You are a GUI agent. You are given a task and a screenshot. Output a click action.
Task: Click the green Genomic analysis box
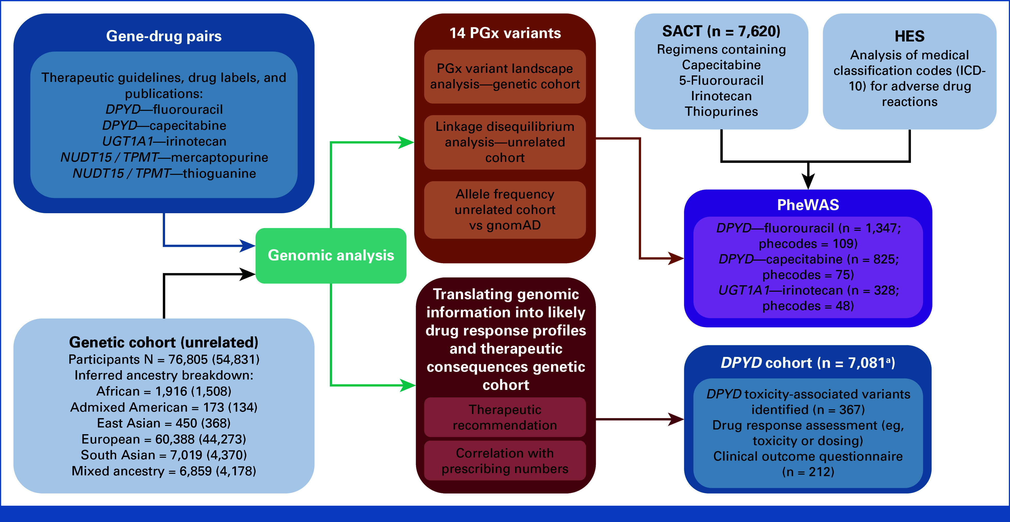(x=331, y=255)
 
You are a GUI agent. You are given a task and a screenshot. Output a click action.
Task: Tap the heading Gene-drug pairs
(x=164, y=36)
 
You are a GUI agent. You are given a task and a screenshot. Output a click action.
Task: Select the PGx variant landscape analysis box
(x=505, y=76)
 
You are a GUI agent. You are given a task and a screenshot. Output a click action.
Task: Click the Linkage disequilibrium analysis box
(x=505, y=142)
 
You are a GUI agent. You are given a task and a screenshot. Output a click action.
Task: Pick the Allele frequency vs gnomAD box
(x=505, y=210)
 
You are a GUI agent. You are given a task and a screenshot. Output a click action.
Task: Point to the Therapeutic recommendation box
(x=505, y=417)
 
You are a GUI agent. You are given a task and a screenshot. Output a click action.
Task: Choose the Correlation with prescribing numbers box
(x=505, y=461)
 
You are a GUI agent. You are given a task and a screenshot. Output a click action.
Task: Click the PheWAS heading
(x=808, y=205)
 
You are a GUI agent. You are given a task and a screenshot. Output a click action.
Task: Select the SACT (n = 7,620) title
(x=722, y=31)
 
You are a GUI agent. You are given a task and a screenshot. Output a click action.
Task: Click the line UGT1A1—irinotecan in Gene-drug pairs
(x=164, y=141)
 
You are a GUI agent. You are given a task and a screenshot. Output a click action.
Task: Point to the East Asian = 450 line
(x=164, y=423)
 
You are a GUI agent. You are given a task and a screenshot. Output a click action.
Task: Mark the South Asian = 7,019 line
(x=164, y=455)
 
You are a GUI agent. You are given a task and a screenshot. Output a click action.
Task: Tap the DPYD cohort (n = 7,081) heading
(x=808, y=363)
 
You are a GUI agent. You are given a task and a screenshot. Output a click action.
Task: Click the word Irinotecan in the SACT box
(x=722, y=96)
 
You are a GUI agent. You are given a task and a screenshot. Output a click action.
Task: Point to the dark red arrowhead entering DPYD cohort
(x=676, y=419)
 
